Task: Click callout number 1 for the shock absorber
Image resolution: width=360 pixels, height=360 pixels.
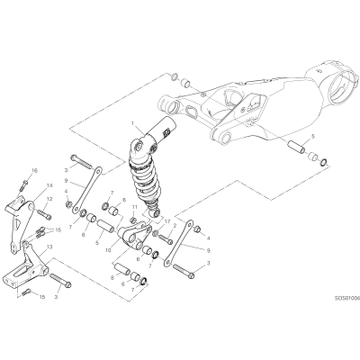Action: click(x=133, y=123)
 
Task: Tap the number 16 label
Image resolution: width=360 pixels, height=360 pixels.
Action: click(x=34, y=171)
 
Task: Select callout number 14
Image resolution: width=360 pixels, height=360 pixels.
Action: click(x=49, y=185)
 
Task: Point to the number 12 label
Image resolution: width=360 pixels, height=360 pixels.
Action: click(x=49, y=199)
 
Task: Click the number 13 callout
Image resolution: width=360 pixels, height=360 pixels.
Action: click(x=49, y=247)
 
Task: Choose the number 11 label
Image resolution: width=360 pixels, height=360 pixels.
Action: click(x=134, y=207)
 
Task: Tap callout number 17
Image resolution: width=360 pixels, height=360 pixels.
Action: click(x=167, y=222)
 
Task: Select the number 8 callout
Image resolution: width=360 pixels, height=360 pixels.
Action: click(x=112, y=278)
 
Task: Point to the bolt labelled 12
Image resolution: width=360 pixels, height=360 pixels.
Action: click(x=44, y=214)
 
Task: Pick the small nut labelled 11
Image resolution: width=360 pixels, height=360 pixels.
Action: click(x=134, y=220)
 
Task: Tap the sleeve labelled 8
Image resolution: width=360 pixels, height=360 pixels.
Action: click(x=122, y=268)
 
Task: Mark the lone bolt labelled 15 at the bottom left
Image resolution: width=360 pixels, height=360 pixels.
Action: click(x=26, y=291)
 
